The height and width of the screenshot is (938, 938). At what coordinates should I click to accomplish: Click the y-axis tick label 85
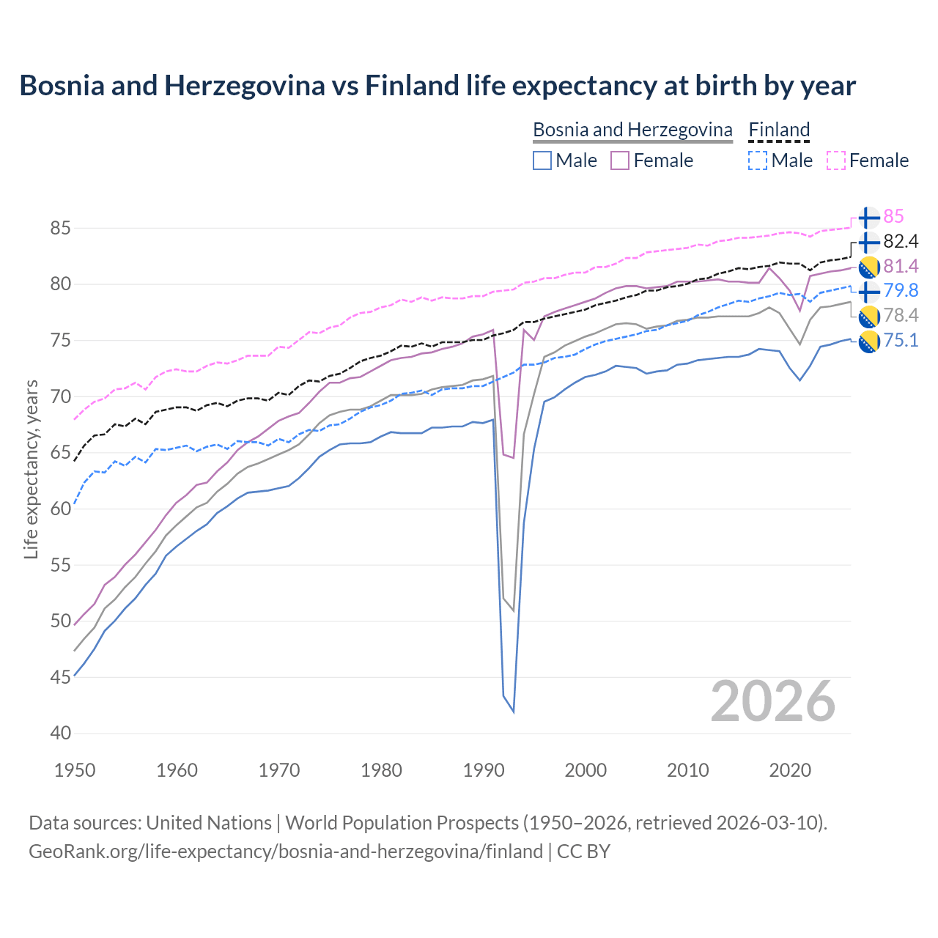coord(60,228)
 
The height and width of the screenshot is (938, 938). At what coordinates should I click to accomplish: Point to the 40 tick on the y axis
coord(60,734)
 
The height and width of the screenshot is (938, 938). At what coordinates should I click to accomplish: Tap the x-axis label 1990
coord(484,770)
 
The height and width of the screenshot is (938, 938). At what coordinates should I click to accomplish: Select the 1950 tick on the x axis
coord(75,770)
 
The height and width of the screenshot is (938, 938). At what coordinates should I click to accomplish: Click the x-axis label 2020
coord(790,770)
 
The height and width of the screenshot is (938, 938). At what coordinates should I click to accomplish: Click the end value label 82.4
coord(901,242)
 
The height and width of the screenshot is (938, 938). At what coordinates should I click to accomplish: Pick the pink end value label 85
coord(893,217)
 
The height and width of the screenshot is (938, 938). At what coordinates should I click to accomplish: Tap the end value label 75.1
coord(901,340)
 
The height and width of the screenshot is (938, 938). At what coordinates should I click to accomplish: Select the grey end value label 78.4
coord(901,315)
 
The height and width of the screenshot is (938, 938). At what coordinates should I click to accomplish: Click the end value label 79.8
coord(901,291)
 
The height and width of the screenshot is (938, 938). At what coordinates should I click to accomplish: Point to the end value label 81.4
coord(901,266)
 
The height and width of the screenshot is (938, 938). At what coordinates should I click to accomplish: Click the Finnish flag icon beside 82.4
coord(868,242)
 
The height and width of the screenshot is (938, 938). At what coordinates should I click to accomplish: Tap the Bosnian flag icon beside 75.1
coord(868,341)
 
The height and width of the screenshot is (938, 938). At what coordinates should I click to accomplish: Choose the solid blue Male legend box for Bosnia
coord(542,160)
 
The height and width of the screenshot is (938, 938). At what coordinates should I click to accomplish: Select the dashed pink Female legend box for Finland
coord(836,160)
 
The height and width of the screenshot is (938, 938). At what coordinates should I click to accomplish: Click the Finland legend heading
coord(779,130)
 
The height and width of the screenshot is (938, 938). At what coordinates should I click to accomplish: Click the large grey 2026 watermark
coord(773,701)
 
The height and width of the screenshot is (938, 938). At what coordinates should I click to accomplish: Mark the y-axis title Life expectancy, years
coord(32,469)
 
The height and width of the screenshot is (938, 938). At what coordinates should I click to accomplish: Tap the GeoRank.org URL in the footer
coord(286,852)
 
